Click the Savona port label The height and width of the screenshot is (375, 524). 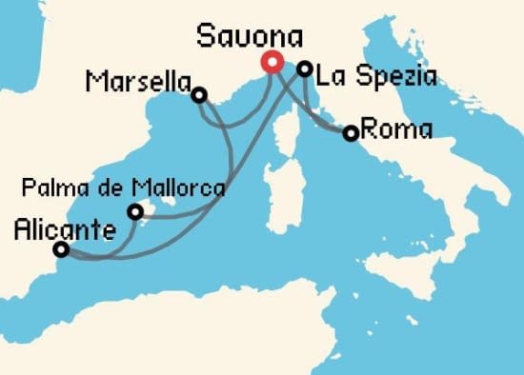click(250, 37)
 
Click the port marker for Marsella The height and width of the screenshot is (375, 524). click(198, 94)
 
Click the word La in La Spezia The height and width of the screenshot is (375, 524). click(331, 75)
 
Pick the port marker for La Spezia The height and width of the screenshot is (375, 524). click(304, 69)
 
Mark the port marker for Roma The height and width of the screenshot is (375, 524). click(351, 133)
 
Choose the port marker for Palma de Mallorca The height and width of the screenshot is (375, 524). click(135, 210)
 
